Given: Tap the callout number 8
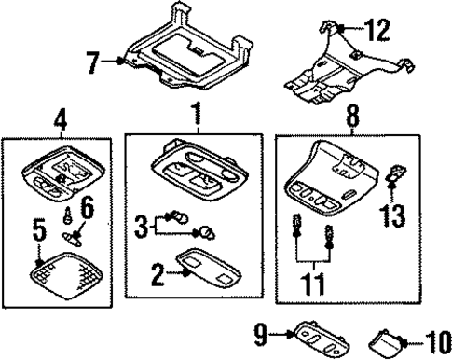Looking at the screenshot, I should click(353, 117).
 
